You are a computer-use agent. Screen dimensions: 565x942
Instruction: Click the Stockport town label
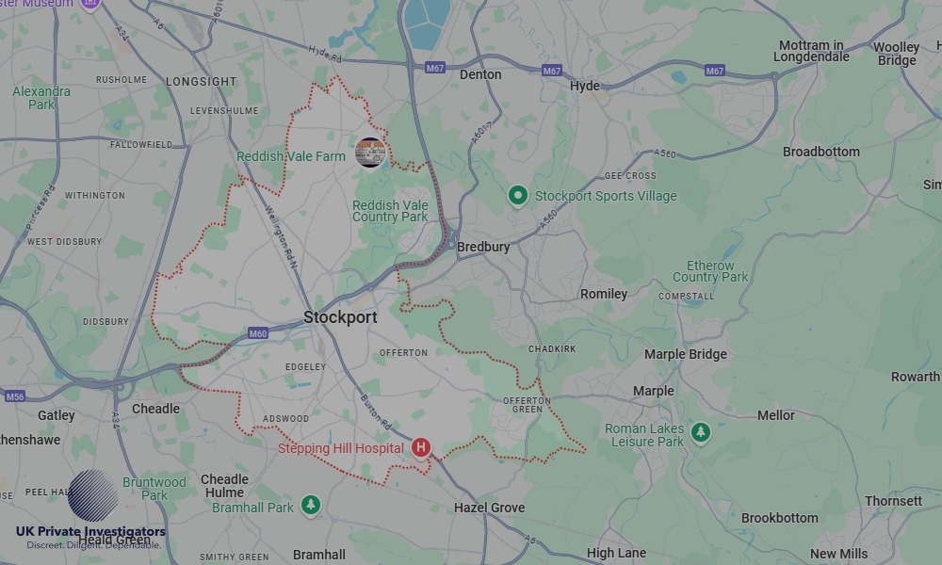pos(340,317)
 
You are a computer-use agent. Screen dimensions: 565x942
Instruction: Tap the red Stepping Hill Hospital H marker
pos(421,448)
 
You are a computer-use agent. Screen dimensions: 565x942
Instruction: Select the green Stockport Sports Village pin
pos(517,196)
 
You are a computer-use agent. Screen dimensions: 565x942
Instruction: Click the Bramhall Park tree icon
pos(311,506)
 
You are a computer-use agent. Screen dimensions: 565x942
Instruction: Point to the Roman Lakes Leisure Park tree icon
pos(700,432)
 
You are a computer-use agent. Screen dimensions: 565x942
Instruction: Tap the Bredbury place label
pos(483,247)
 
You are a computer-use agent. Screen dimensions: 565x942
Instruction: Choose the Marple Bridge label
pos(686,354)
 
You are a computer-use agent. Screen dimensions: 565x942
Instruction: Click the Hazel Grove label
pos(489,508)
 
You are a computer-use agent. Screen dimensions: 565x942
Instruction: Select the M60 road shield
pos(258,333)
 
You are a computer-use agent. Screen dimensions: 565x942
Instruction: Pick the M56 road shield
pos(14,396)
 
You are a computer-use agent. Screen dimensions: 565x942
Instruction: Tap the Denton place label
pos(480,74)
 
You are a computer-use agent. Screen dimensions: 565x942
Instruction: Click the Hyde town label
pos(585,86)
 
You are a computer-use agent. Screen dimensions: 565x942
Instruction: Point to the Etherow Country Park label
pos(710,271)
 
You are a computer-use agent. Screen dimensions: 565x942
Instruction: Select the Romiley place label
pos(604,294)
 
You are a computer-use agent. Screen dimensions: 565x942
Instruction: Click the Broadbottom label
pos(821,152)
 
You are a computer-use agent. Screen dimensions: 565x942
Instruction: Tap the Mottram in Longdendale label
pos(811,51)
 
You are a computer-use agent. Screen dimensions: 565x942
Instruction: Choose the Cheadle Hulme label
pos(224,485)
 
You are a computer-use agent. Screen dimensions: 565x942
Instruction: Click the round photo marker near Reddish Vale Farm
pos(370,153)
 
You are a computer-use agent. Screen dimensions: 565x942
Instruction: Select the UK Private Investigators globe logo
pos(92,495)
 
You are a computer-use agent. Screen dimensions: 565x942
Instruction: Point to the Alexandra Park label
pos(41,98)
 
